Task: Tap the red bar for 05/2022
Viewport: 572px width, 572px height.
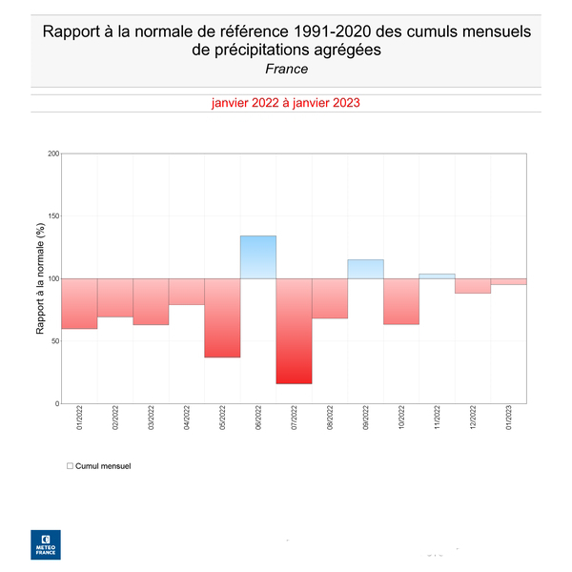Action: tap(222, 317)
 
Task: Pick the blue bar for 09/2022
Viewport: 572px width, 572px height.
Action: tap(365, 269)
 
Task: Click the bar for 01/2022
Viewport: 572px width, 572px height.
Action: tap(79, 303)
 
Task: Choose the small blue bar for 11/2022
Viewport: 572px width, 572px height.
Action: tap(437, 276)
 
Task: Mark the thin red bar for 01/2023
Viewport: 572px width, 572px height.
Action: tap(508, 281)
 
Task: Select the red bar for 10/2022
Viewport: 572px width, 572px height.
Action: tap(401, 301)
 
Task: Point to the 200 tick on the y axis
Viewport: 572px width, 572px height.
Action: tap(53, 153)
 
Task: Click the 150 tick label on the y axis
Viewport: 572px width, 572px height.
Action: tap(53, 216)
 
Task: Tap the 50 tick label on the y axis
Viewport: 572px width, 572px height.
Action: tap(54, 341)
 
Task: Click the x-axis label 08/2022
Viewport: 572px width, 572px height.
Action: tap(331, 419)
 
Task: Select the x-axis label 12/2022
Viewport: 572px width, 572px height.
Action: tap(474, 419)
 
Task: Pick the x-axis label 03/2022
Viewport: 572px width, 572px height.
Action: tap(152, 419)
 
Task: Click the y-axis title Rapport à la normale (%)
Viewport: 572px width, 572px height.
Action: tap(41, 278)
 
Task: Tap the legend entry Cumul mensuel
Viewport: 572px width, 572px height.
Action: tap(102, 466)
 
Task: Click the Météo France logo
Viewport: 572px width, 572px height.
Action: tap(46, 542)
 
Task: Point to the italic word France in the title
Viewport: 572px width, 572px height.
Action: tap(286, 69)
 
